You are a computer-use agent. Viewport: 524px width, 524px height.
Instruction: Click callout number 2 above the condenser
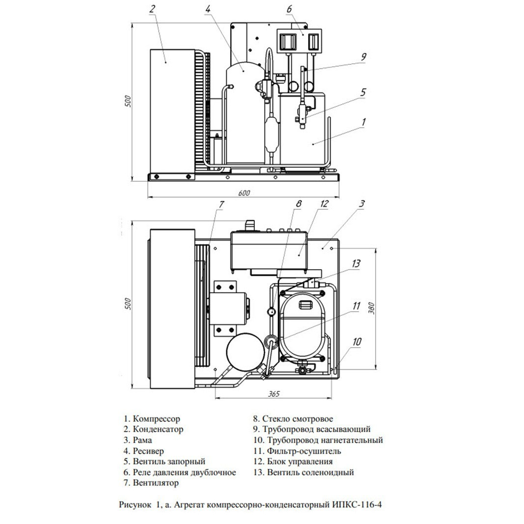click(152, 9)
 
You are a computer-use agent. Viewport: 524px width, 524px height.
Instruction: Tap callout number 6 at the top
click(289, 9)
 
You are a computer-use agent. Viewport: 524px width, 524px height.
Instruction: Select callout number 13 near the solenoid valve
click(356, 264)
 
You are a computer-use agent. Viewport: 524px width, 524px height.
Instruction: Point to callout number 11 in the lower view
click(357, 306)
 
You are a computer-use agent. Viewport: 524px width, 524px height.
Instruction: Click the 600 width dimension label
click(244, 193)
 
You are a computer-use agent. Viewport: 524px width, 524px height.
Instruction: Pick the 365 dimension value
click(274, 394)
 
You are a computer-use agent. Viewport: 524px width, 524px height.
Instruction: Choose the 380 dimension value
click(371, 308)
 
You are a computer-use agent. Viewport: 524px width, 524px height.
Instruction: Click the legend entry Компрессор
click(152, 419)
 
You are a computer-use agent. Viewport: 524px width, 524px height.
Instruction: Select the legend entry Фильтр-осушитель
click(297, 451)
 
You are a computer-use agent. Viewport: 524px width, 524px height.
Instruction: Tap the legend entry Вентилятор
click(151, 483)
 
